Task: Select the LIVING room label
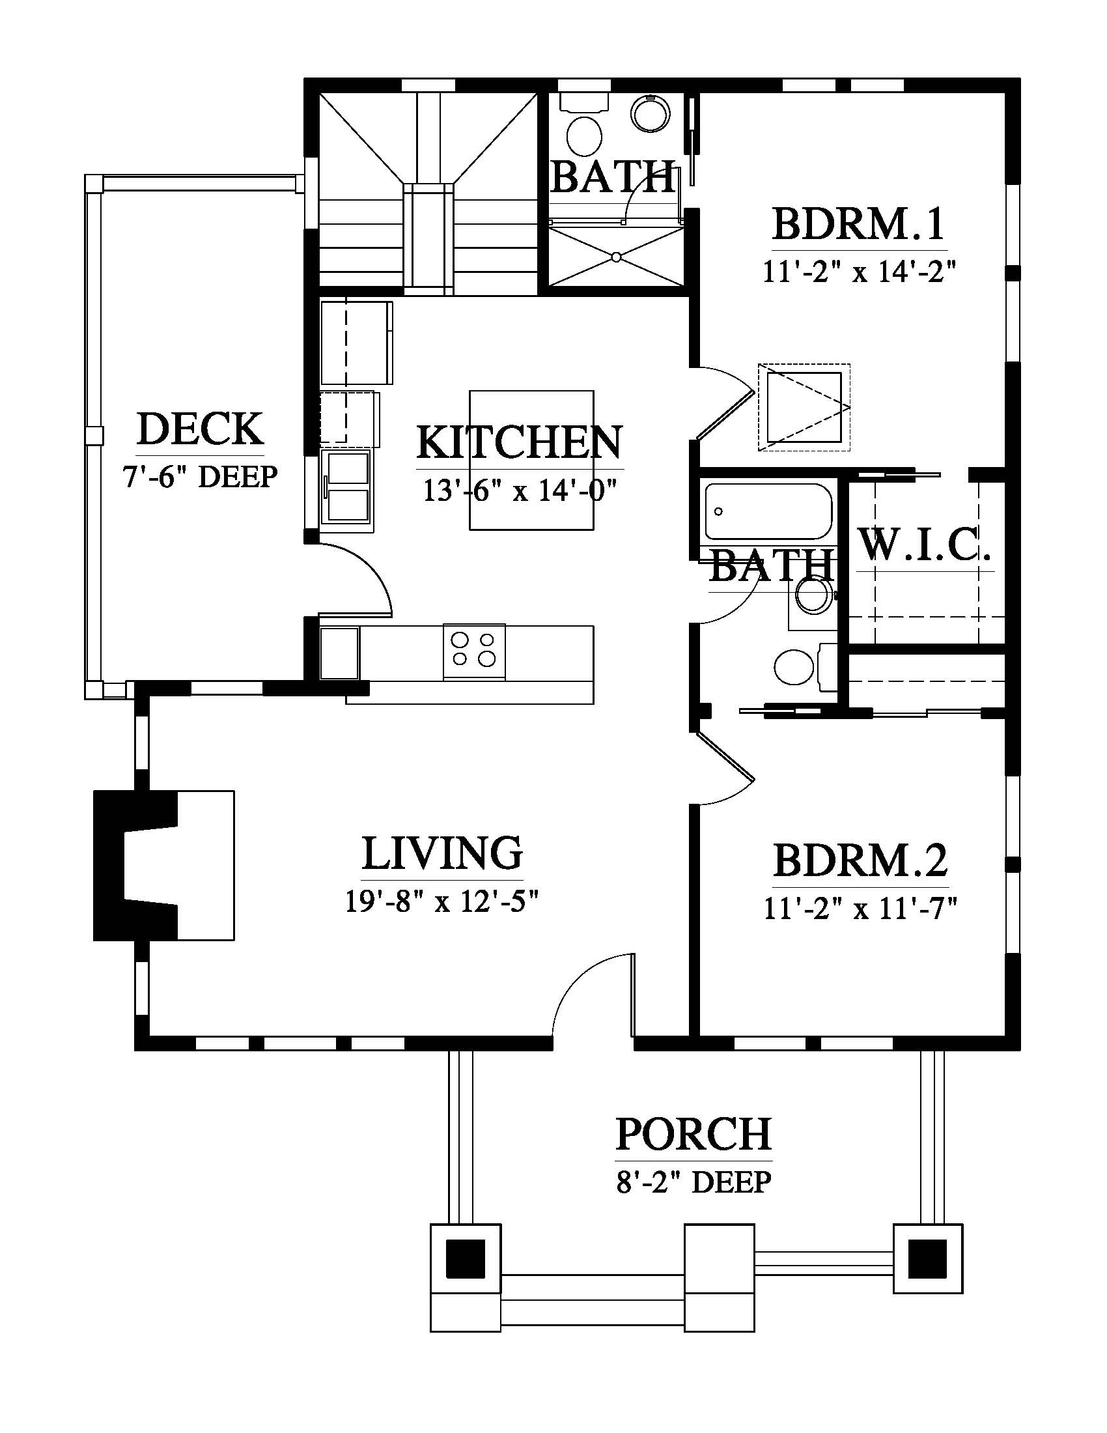(x=443, y=853)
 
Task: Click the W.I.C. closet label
(x=925, y=544)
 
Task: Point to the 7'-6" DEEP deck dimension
(x=200, y=477)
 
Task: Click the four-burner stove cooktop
(x=474, y=651)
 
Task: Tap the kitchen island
(x=532, y=460)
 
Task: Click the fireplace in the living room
(x=164, y=866)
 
